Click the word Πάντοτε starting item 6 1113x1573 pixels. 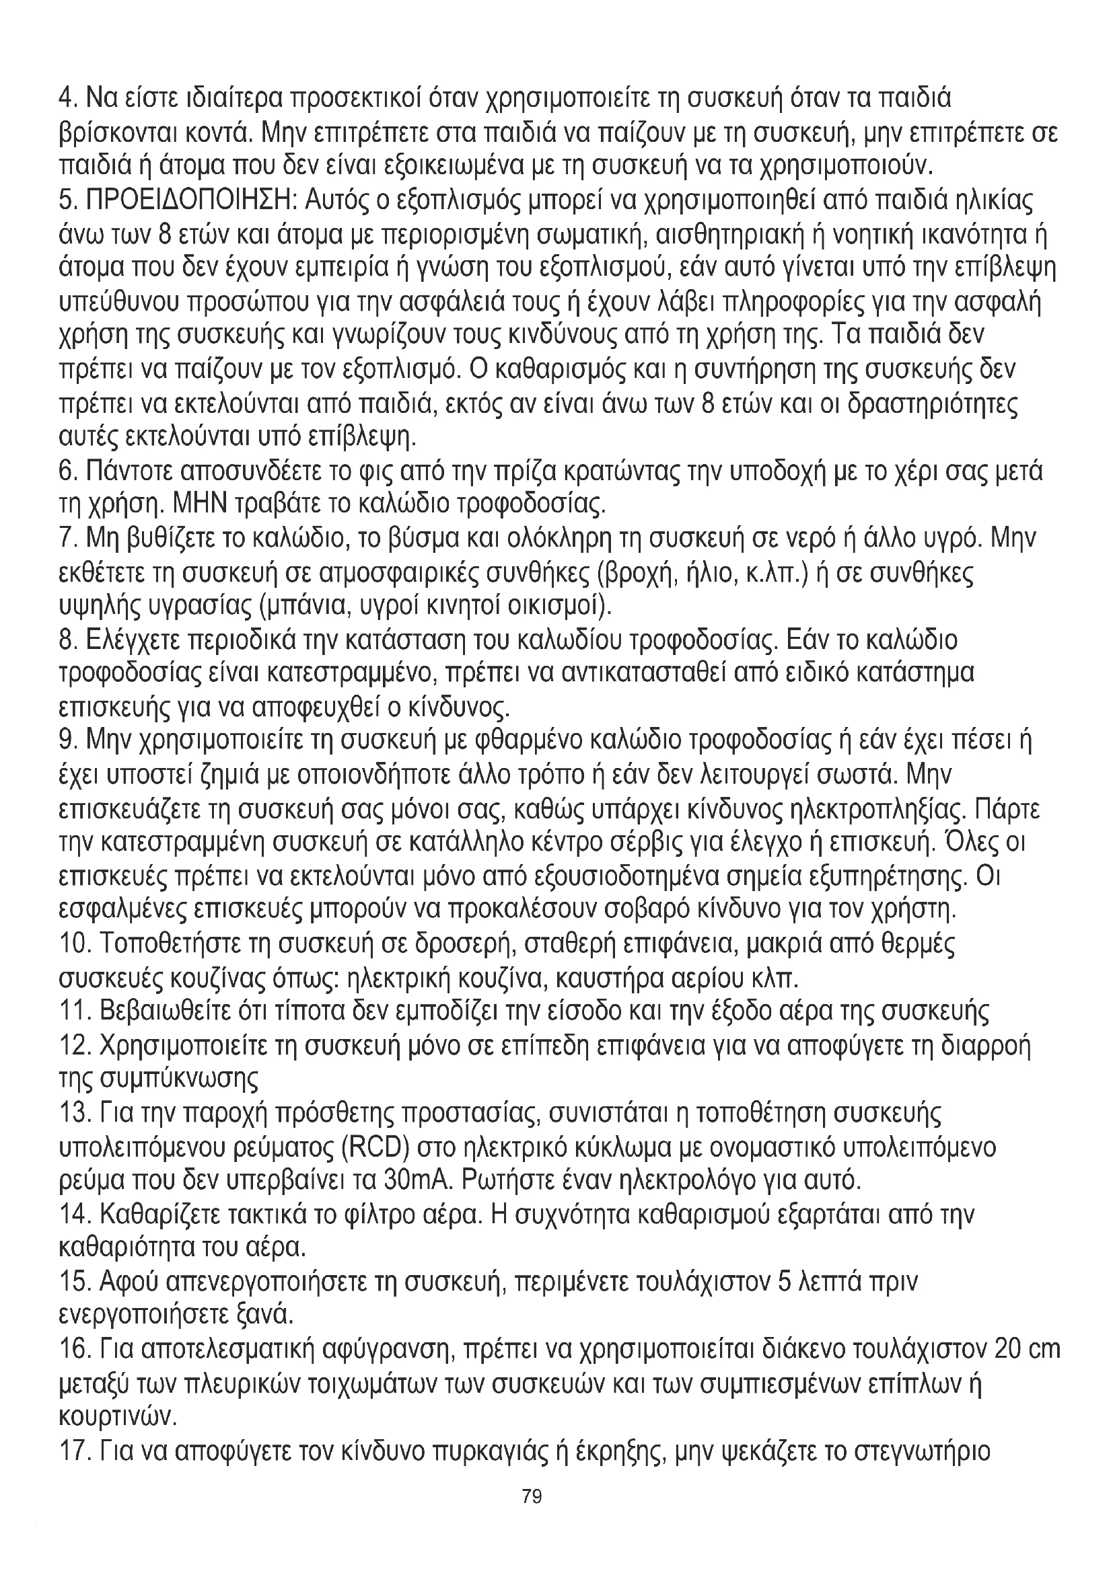point(131,472)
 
